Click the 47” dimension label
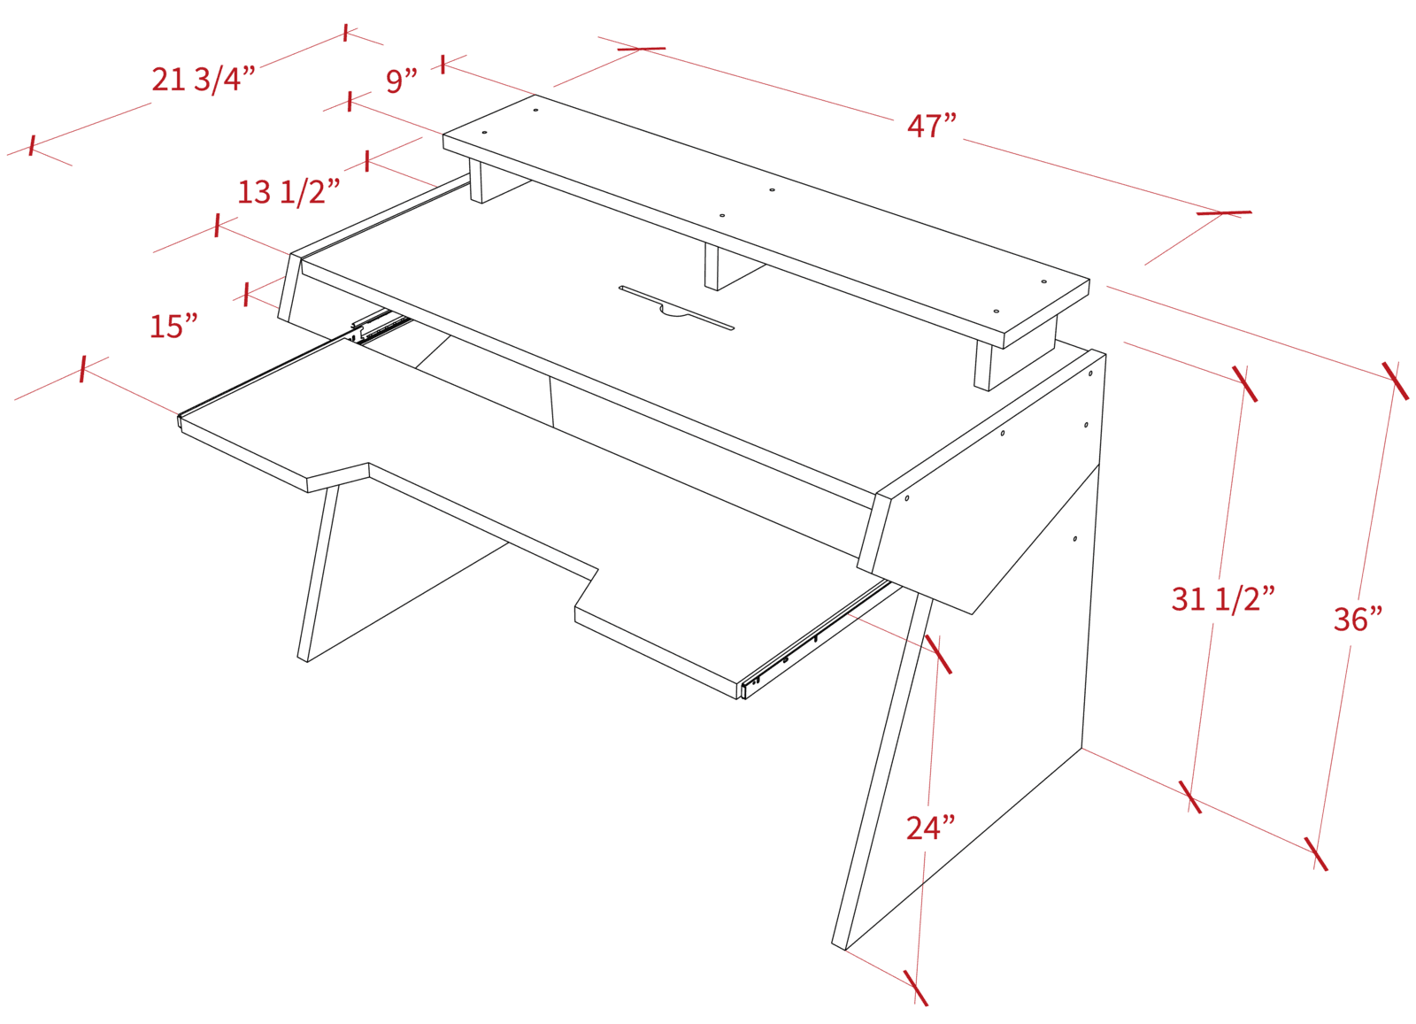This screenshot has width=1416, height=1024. (932, 126)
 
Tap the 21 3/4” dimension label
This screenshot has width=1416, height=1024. (204, 80)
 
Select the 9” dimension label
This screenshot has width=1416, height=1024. (402, 81)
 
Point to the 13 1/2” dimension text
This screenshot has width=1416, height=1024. (289, 191)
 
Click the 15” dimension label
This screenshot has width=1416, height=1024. (173, 327)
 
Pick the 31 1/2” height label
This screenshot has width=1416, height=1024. (1223, 598)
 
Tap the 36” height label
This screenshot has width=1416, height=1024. (1358, 619)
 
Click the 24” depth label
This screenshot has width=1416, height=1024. (930, 828)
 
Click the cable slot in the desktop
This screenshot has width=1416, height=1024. (676, 308)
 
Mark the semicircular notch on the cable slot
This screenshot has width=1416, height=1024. (675, 310)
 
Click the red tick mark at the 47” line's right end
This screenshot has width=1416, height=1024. (1224, 213)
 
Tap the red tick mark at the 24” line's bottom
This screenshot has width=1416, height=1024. (915, 988)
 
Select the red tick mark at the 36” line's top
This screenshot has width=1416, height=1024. (1395, 381)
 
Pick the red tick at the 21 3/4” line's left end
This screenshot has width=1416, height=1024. (32, 146)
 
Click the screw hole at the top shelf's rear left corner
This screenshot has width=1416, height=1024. (535, 110)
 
